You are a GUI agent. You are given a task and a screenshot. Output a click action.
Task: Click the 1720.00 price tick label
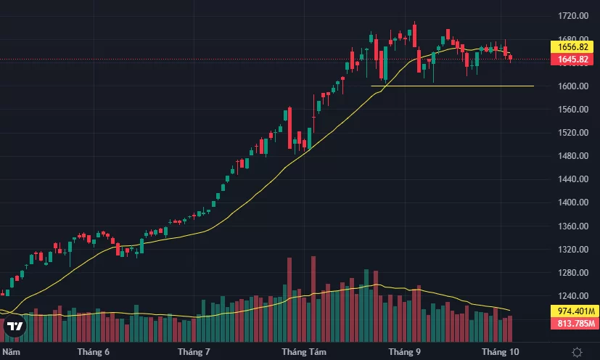pos(572,15)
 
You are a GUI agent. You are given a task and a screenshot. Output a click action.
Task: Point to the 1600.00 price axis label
pos(572,86)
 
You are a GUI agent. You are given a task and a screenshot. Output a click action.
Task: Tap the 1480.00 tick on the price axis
pos(572,156)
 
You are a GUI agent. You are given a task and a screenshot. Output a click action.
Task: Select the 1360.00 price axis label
pos(572,226)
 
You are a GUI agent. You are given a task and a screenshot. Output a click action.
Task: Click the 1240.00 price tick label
pos(572,297)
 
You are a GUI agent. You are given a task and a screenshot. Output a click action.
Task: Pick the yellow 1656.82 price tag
pos(573,46)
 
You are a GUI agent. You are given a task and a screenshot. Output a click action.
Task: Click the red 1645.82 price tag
pos(573,59)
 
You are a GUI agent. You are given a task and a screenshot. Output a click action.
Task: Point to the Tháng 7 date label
pos(193,352)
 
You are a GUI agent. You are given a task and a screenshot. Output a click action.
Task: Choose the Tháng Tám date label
pos(300,352)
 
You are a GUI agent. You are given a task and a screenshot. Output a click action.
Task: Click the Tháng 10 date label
pos(498,352)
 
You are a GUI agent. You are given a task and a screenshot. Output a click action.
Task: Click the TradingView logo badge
pos(15,326)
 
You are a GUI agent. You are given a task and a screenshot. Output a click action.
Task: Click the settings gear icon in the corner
pos(577,352)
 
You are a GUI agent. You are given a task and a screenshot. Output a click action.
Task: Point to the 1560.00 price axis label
pos(572,110)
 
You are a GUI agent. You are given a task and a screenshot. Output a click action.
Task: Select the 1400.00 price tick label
pos(572,203)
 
